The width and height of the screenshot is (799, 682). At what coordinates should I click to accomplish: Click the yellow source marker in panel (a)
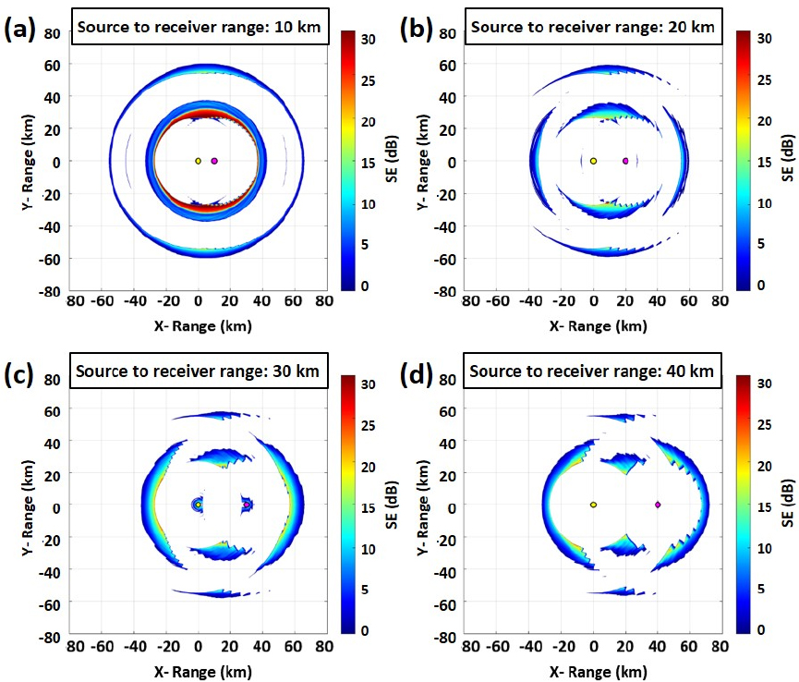pyautogui.click(x=198, y=161)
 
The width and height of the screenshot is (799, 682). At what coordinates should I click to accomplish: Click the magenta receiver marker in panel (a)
pyautogui.click(x=214, y=161)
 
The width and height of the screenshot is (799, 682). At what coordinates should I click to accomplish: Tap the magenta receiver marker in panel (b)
pyautogui.click(x=625, y=161)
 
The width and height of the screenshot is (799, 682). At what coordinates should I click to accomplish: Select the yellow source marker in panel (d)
pyautogui.click(x=593, y=505)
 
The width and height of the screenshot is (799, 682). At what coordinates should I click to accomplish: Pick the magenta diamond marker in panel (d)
pyautogui.click(x=658, y=505)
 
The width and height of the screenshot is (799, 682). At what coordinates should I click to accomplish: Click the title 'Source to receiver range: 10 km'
pyautogui.click(x=199, y=27)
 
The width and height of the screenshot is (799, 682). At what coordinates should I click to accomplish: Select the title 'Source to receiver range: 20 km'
pyautogui.click(x=593, y=27)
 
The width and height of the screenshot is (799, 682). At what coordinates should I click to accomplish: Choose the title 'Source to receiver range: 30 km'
pyautogui.click(x=199, y=371)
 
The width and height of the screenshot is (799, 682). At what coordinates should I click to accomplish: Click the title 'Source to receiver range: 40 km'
pyautogui.click(x=593, y=371)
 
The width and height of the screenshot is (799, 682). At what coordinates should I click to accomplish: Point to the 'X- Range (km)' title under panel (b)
pyautogui.click(x=593, y=325)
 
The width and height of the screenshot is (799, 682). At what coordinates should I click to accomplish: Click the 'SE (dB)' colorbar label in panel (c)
pyautogui.click(x=393, y=505)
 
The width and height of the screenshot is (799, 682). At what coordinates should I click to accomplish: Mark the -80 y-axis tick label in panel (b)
pyautogui.click(x=447, y=290)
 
